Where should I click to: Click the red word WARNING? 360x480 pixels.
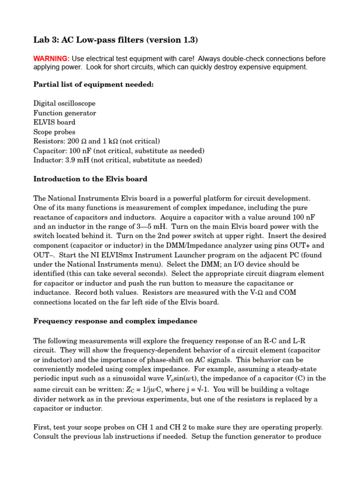(x=52, y=59)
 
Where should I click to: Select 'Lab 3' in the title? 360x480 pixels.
(x=45, y=40)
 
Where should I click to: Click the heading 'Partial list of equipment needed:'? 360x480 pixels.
(x=93, y=84)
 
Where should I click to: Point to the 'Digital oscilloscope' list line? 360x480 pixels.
(x=64, y=103)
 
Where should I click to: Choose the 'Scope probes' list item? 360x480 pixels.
(x=54, y=132)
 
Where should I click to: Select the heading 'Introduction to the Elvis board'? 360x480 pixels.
(x=90, y=179)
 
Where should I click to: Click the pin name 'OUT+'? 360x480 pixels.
(x=314, y=245)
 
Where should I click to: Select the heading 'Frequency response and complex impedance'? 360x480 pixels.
(x=115, y=321)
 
